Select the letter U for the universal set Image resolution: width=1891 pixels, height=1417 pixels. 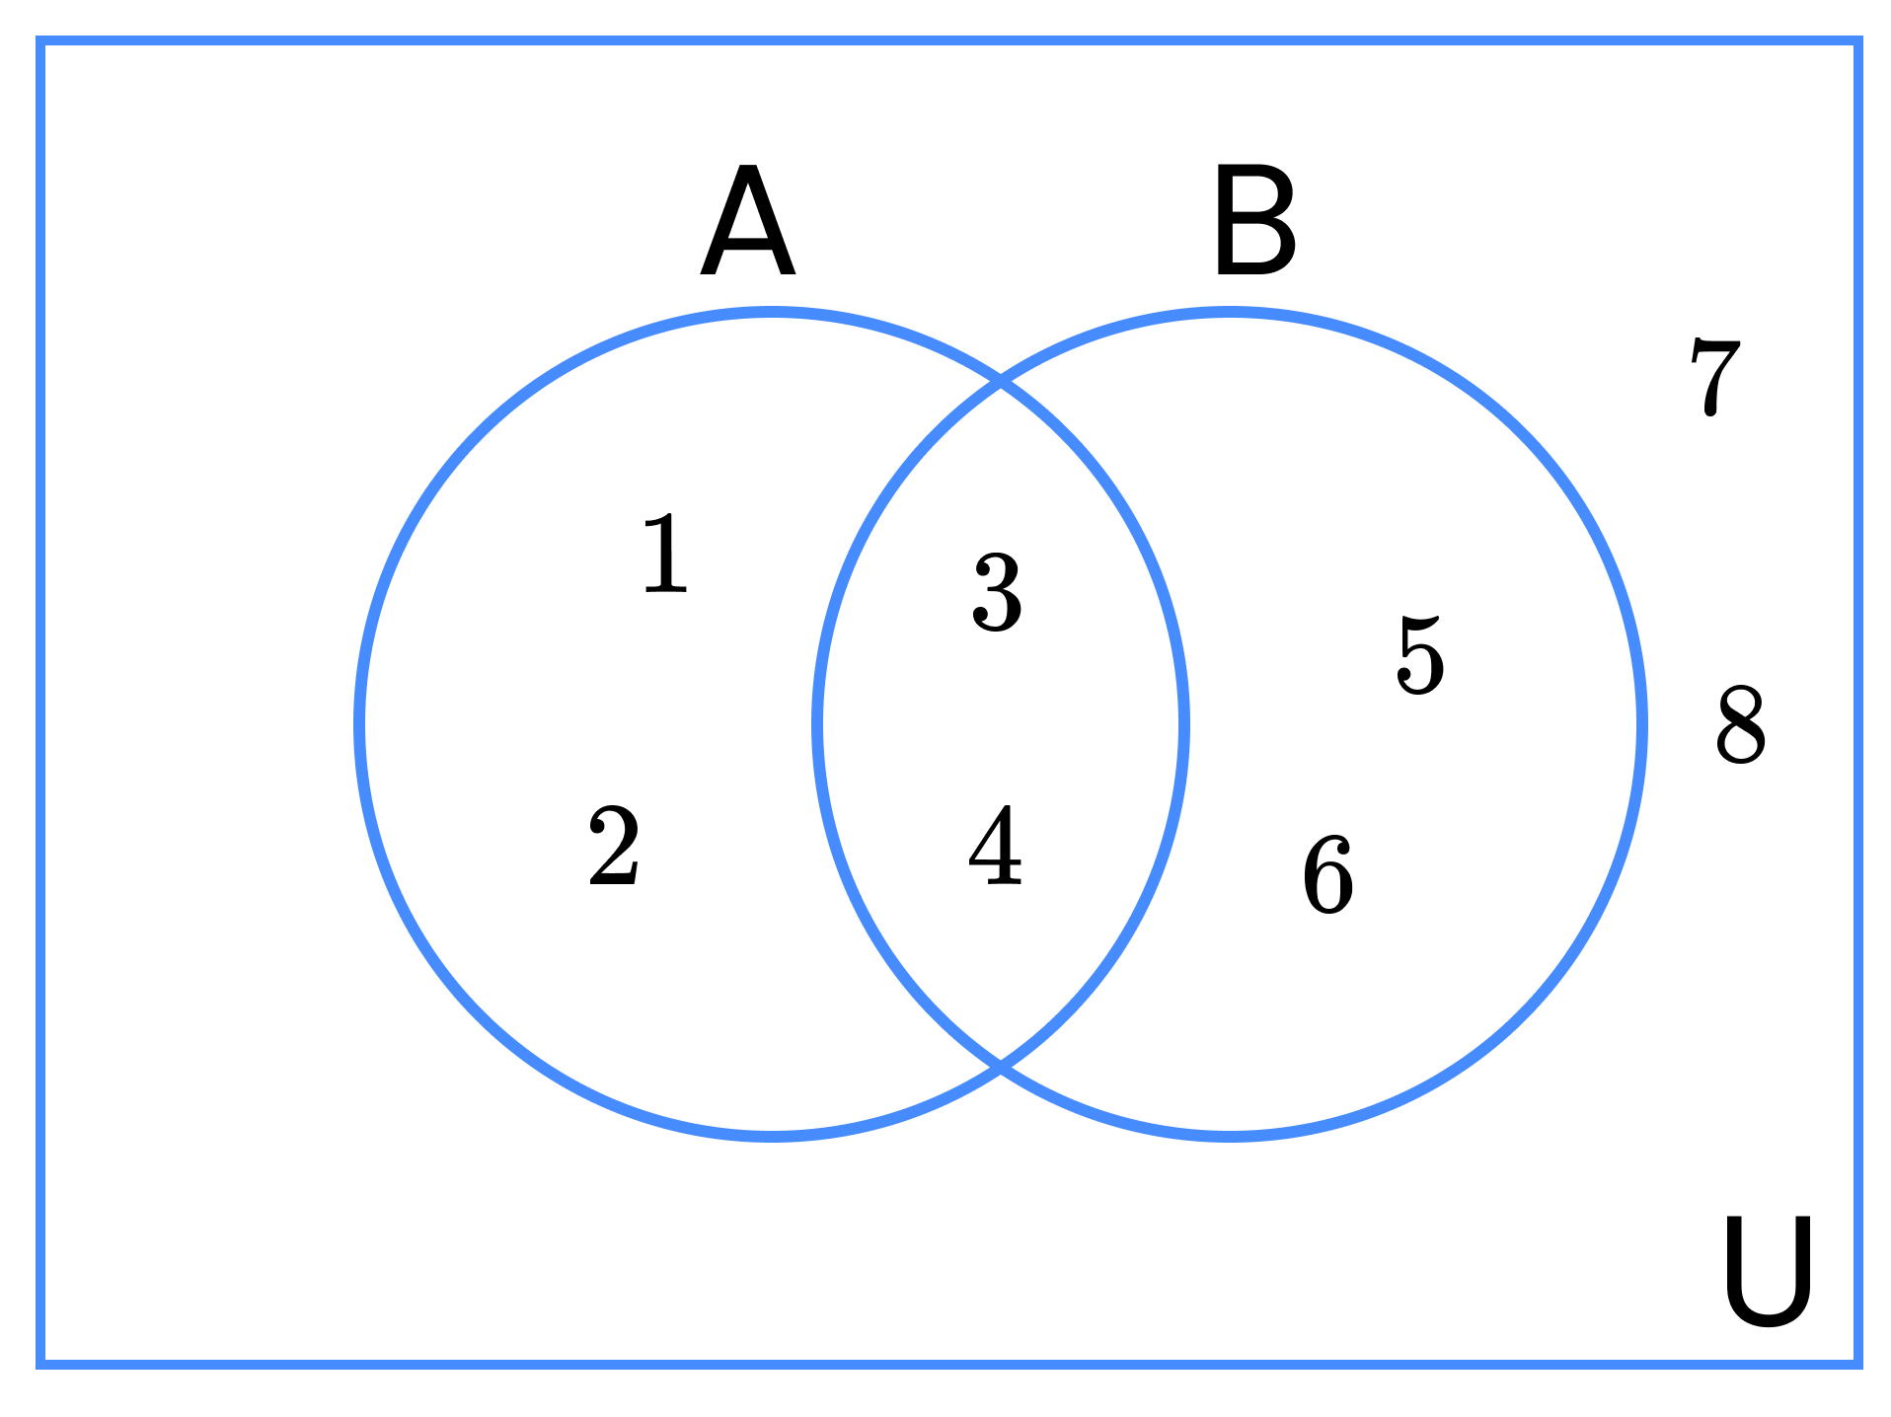[1768, 1271]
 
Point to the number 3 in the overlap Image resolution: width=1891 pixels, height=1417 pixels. [997, 592]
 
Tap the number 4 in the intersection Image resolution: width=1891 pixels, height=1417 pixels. [995, 845]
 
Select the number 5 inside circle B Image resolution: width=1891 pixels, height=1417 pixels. [1421, 654]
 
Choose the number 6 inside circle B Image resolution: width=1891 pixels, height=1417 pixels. [1327, 874]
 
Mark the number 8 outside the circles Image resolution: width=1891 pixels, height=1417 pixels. [1740, 724]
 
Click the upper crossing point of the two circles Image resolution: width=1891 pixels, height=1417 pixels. [1001, 382]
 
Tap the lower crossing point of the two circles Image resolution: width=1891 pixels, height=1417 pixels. [1001, 1066]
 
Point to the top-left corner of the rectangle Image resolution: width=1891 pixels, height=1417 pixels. [40, 40]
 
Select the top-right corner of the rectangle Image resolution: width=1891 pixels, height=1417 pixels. [1857, 40]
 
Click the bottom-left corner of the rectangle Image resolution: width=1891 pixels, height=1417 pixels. [40, 1365]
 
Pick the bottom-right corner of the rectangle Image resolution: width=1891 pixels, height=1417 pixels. [1857, 1365]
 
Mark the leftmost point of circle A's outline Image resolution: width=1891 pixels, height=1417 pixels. [359, 724]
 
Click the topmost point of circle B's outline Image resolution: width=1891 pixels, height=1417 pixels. [1230, 313]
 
